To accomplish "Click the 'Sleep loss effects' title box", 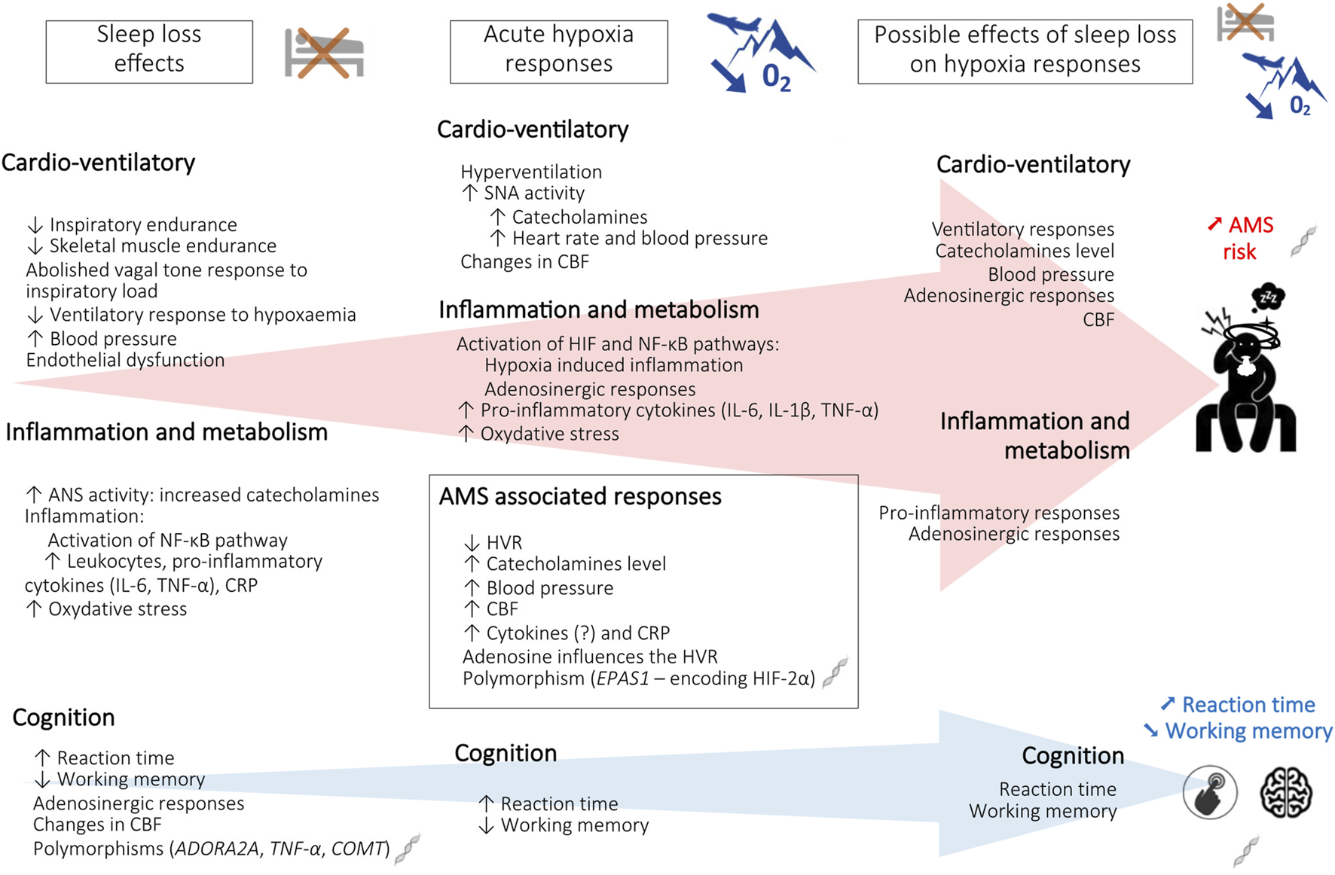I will (x=149, y=50).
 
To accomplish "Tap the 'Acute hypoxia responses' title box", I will (x=558, y=50).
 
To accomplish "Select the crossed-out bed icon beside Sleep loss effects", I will (x=324, y=53).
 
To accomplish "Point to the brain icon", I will (x=1286, y=792).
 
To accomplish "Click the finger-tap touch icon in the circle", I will (x=1209, y=792).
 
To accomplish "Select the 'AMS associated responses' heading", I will (x=580, y=497).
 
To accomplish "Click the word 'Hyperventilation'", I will (x=531, y=172).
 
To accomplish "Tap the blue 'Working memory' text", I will (x=1248, y=731).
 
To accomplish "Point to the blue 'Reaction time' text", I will (x=1248, y=705).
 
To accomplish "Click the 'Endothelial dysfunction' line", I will (x=125, y=360).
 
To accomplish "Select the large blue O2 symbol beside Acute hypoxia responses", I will (x=776, y=76).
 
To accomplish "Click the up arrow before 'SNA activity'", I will (x=469, y=193).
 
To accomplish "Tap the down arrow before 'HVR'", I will (x=472, y=543).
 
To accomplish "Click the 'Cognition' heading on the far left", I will (x=63, y=718).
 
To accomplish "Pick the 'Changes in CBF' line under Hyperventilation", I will (x=524, y=262).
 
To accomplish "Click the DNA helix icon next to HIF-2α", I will (x=835, y=672).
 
